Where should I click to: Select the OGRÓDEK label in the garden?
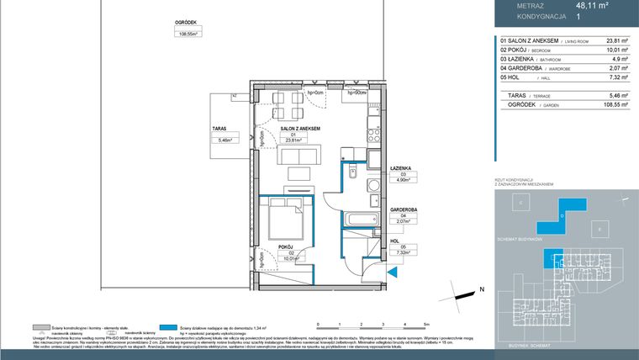pyautogui.click(x=186, y=24)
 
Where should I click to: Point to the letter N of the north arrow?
pyautogui.click(x=482, y=289)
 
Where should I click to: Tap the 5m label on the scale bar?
pyautogui.click(x=426, y=324)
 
